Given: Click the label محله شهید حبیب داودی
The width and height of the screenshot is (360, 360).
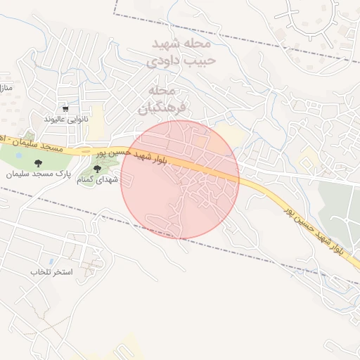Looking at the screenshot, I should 181,52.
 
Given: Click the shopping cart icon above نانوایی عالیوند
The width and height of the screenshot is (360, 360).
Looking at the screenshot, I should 65,109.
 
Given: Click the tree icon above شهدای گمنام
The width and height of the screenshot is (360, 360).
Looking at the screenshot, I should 97,168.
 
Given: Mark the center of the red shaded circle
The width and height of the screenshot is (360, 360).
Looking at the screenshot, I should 181,179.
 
